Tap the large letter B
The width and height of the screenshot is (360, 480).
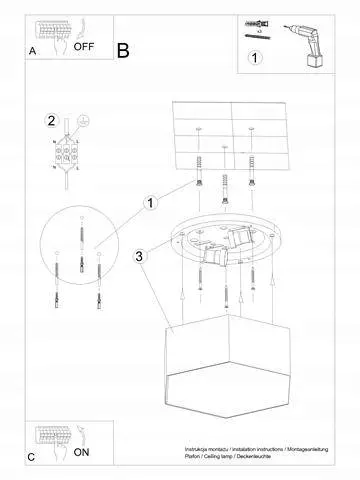pyautogui.click(x=122, y=49)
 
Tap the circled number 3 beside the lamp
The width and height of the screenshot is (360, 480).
pyautogui.click(x=140, y=256)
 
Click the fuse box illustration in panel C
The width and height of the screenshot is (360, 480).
pyautogui.click(x=52, y=437)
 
